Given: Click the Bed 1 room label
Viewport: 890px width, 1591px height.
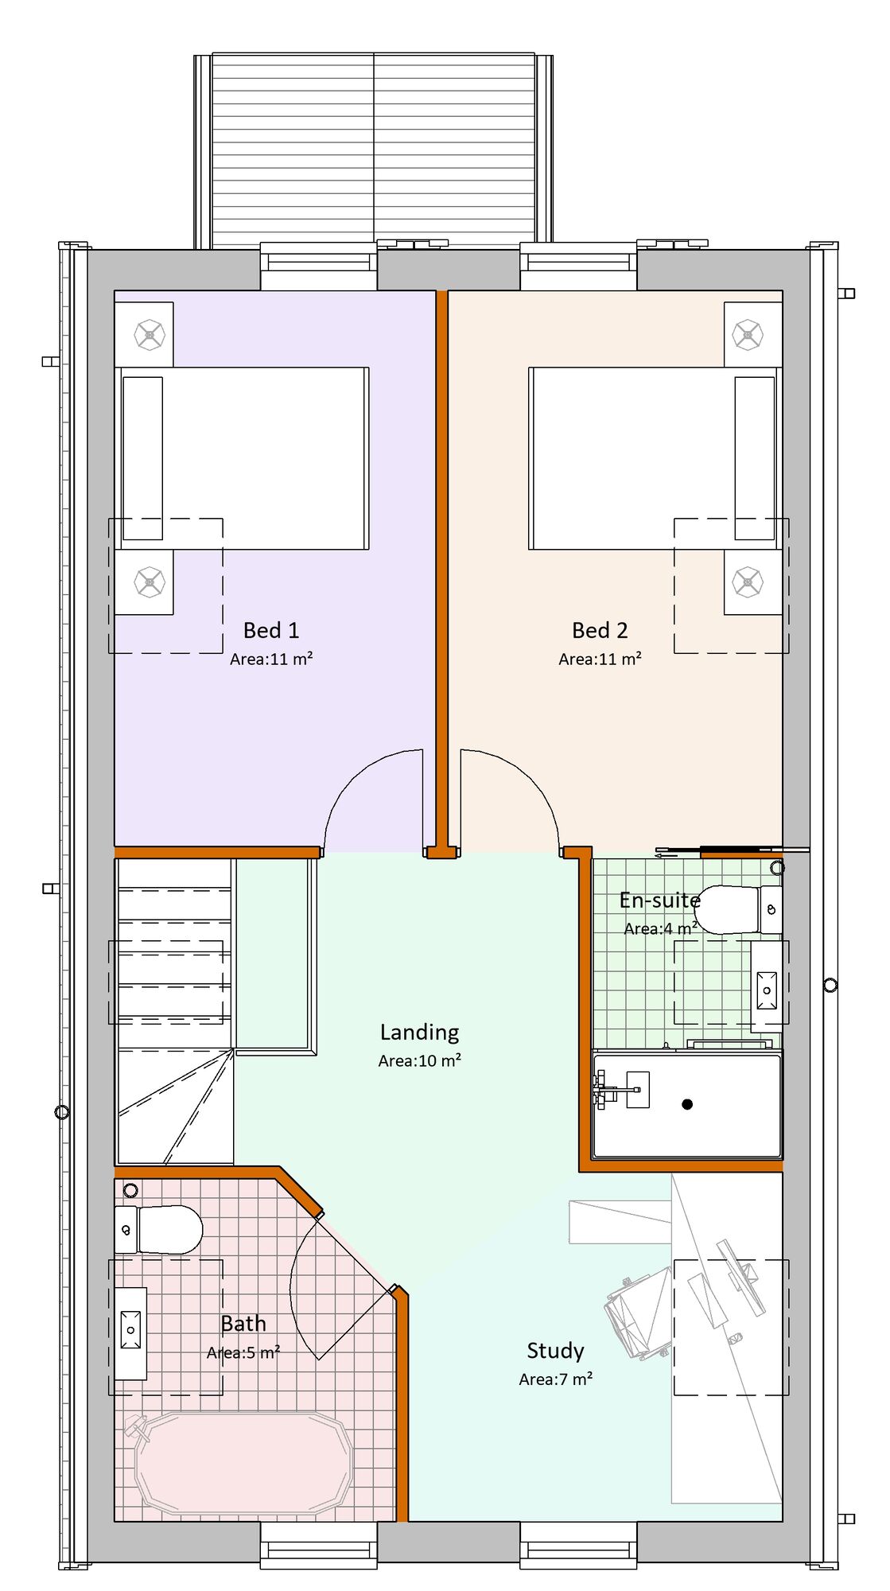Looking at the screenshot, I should pos(271,631).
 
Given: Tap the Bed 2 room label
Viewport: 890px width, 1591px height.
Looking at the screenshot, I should pos(600,631).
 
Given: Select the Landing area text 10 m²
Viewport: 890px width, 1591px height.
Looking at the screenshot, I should pos(420,1060).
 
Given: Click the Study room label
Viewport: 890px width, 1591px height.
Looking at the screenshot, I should pos(555,1351).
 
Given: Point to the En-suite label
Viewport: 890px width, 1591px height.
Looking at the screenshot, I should pos(659,901).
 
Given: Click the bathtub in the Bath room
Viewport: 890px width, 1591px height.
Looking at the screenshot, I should pos(243,1464).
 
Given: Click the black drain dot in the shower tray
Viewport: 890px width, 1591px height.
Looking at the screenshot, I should pos(687,1104).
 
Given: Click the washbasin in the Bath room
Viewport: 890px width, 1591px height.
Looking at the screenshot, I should pos(131,1329).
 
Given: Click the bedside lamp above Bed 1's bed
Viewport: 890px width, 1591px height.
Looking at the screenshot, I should pos(149,335).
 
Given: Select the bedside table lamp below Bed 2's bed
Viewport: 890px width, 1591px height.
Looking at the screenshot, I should pos(748,582).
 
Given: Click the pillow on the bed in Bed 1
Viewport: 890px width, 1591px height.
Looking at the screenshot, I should pos(143,458).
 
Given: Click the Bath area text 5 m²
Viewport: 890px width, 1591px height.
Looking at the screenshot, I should pos(243,1352).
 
